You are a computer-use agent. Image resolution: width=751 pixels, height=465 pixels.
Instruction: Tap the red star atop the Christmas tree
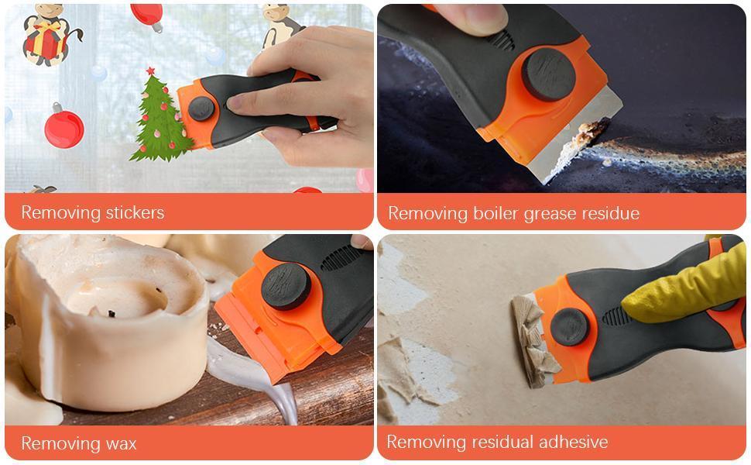pos(150,71)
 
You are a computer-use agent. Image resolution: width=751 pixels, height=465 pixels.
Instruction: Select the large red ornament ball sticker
pos(63,129)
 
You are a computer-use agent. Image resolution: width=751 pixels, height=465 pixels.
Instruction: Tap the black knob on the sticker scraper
pos(201,108)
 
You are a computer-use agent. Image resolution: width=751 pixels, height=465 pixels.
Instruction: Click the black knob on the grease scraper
pos(547,74)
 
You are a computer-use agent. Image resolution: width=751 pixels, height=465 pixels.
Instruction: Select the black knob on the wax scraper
pos(286,285)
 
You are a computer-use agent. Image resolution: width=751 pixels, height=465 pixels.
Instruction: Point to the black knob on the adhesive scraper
pos(570,326)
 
